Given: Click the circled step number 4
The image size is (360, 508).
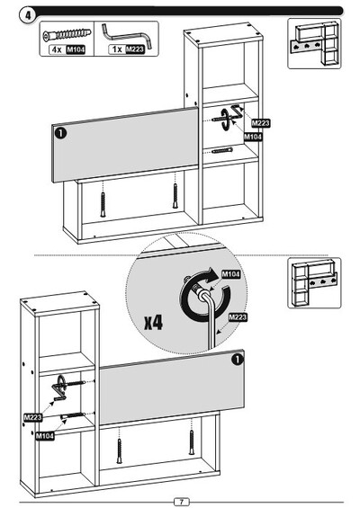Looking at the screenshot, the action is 29,15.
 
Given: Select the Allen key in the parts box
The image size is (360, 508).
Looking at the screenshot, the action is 127,35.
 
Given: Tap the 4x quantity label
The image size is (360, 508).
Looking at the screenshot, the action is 57,49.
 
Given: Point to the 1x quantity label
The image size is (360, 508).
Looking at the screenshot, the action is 117,49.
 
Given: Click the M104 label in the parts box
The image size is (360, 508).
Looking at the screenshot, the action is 76,49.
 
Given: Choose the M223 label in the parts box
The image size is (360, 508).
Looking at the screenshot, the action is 135,49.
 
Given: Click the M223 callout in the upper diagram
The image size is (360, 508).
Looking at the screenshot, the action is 260,123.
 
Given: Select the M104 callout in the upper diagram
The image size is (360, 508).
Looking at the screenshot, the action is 253,137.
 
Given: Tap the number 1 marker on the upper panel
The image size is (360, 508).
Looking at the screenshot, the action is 60,133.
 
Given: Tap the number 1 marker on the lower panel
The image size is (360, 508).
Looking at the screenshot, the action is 238,360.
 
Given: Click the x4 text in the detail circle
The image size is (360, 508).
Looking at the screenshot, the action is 153,323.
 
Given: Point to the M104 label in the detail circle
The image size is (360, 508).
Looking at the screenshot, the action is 231,274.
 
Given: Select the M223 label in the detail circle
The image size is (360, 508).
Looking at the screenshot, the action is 238,317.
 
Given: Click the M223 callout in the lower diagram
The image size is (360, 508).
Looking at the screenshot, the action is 32,417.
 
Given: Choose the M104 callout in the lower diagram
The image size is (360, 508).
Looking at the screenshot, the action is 45,436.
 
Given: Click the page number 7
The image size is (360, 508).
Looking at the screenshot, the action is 182,502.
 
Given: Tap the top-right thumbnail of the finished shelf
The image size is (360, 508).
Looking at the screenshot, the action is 314,43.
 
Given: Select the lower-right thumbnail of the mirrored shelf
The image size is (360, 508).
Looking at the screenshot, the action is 314,283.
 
